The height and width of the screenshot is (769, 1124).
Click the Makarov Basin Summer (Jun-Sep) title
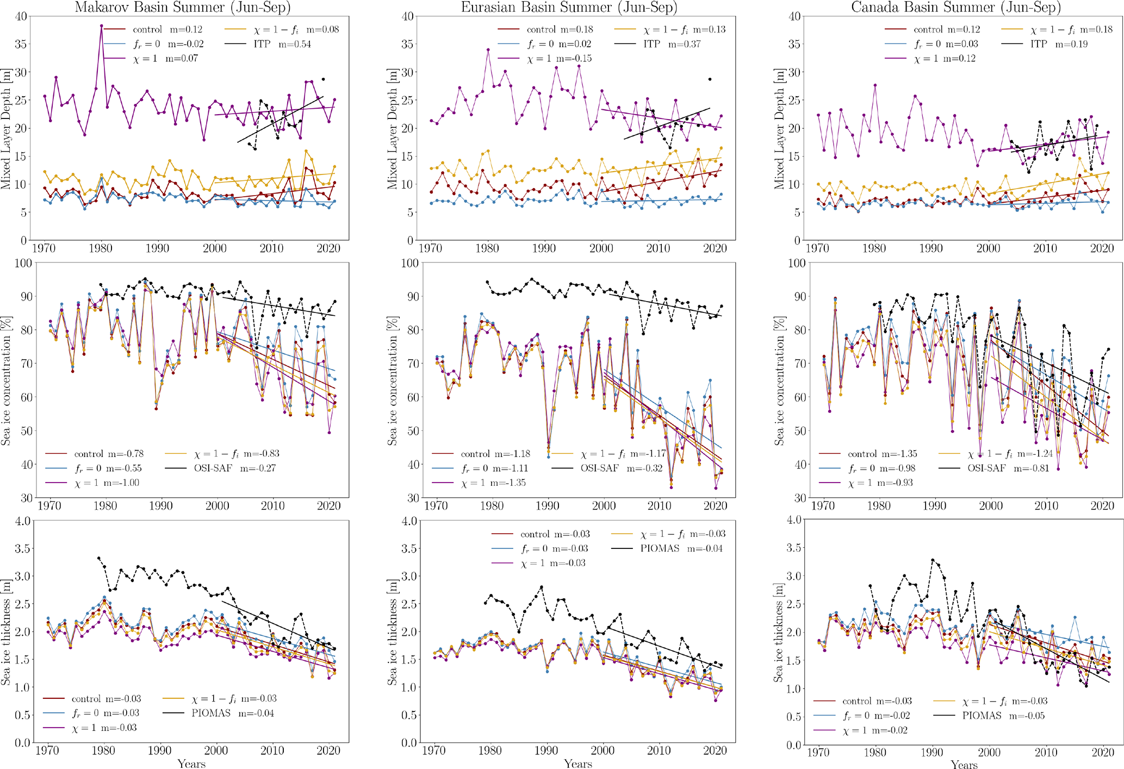pos(183,7)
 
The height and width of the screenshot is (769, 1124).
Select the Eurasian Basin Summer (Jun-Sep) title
pos(569,7)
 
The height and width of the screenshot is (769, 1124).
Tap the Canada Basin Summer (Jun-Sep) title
pos(956,7)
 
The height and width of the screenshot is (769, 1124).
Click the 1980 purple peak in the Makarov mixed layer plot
pos(101,26)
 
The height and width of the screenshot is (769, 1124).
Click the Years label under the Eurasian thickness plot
pos(577,764)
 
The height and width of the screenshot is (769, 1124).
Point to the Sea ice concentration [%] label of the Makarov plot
pos(7,380)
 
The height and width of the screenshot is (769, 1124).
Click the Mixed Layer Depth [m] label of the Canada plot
pos(779,128)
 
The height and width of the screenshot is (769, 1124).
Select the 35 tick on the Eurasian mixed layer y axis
pos(407,44)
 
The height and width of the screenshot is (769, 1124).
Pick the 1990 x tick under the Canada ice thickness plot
pos(932,752)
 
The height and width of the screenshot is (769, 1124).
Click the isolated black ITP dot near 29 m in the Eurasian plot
pos(710,79)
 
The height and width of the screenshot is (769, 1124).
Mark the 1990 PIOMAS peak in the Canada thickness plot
pos(933,560)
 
